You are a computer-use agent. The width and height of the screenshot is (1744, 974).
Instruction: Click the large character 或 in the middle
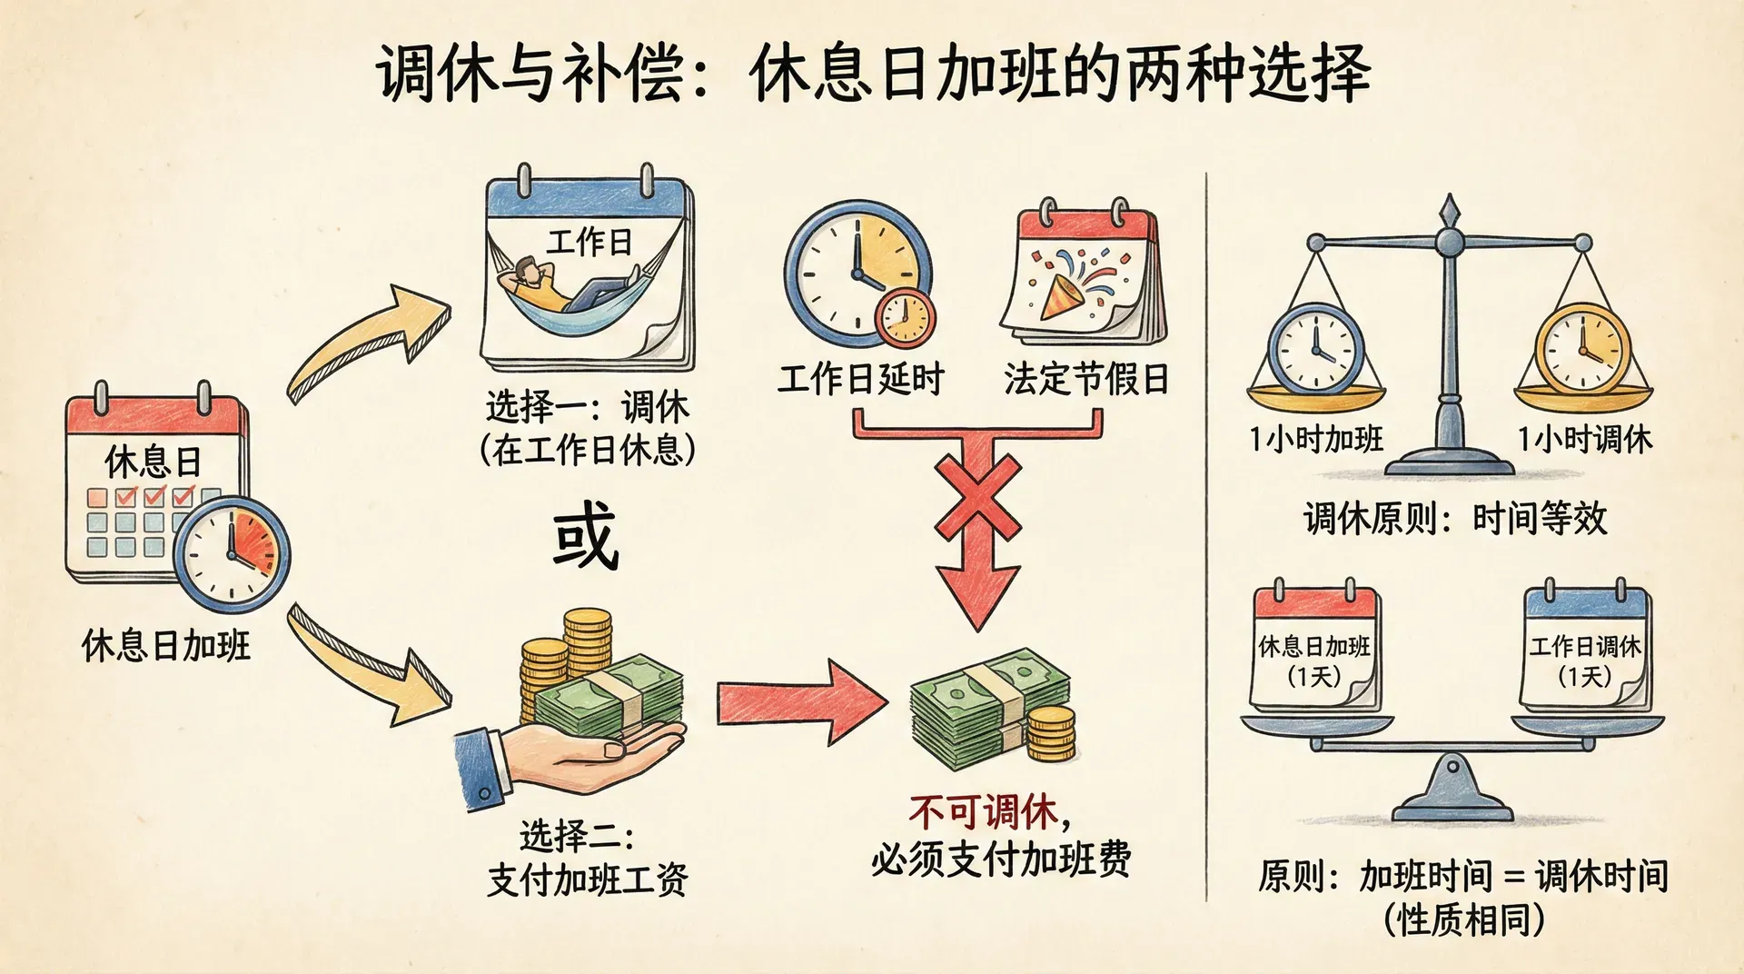point(586,537)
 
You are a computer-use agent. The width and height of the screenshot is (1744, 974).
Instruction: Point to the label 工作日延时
point(860,379)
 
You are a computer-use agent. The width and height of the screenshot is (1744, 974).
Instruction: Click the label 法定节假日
point(1085,379)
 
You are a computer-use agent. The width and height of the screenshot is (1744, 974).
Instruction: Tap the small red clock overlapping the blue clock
point(905,318)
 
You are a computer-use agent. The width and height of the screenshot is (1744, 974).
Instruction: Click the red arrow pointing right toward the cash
point(800,702)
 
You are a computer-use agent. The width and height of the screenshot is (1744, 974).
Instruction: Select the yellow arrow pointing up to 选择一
point(367,342)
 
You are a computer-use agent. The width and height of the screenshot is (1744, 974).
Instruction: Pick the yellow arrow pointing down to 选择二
point(372,664)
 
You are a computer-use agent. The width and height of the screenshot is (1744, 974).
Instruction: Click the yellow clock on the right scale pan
point(1581,350)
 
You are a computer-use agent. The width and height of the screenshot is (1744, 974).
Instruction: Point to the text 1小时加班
point(1316,440)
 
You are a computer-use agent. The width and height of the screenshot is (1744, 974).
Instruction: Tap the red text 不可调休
point(984,812)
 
